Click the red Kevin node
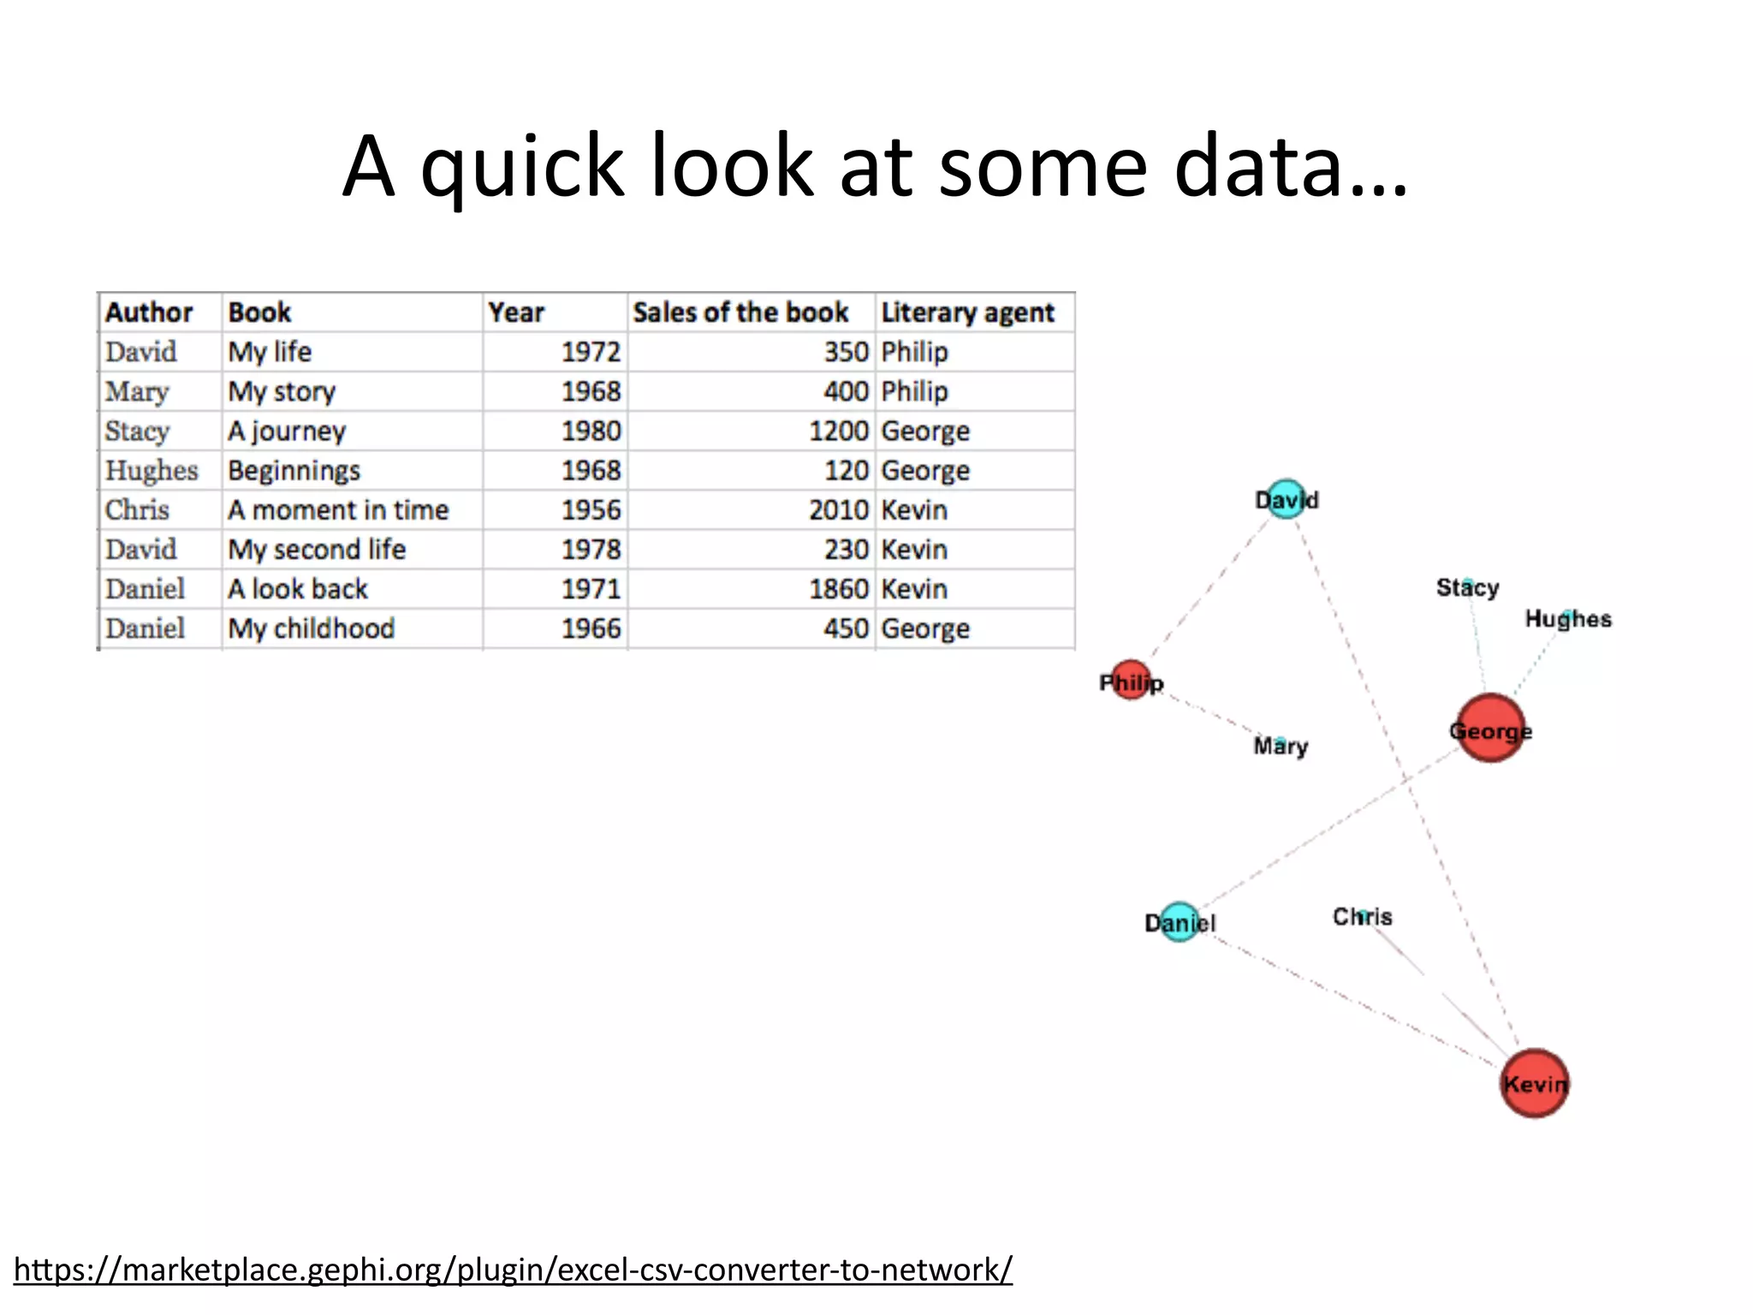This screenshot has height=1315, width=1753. click(1534, 1083)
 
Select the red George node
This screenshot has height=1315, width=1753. click(1490, 729)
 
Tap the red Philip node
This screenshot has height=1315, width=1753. click(1130, 681)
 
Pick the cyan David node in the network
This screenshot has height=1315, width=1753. click(1285, 499)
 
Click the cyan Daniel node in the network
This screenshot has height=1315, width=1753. click(1180, 922)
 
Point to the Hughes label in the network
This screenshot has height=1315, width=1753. click(1567, 619)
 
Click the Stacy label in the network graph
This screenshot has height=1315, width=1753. click(1467, 587)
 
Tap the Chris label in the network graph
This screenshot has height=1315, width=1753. click(1362, 917)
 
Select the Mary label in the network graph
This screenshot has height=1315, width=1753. click(1281, 746)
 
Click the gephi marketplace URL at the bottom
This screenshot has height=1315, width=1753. click(513, 1269)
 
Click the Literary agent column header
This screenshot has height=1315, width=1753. click(967, 312)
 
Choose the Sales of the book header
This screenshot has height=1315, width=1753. click(740, 312)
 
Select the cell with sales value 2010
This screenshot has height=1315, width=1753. click(838, 510)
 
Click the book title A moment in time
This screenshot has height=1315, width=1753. click(338, 510)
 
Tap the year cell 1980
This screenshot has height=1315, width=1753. click(591, 431)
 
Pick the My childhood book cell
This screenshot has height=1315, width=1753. click(311, 628)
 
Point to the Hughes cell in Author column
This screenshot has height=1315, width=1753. click(152, 471)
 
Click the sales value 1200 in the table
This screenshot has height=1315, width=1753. click(838, 431)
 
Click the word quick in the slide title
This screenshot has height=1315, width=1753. click(522, 166)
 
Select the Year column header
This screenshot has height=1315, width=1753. click(516, 312)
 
